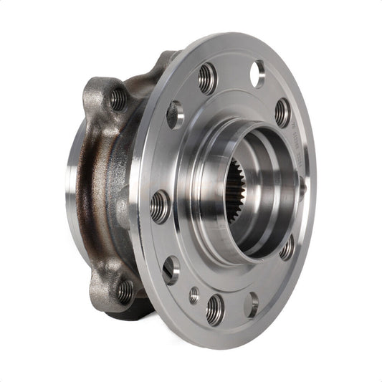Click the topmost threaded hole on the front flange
point(207,78)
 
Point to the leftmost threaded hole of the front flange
point(159,206)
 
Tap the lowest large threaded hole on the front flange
point(214,310)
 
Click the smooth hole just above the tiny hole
point(171,269)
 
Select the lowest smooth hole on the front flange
point(251,305)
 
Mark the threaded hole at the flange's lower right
point(287,248)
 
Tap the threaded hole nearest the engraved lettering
point(282,113)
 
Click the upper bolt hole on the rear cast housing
point(117,98)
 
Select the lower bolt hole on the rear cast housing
point(125,290)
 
